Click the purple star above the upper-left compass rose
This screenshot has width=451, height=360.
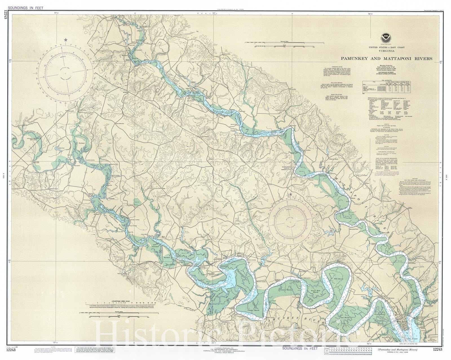pos(66,40)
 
